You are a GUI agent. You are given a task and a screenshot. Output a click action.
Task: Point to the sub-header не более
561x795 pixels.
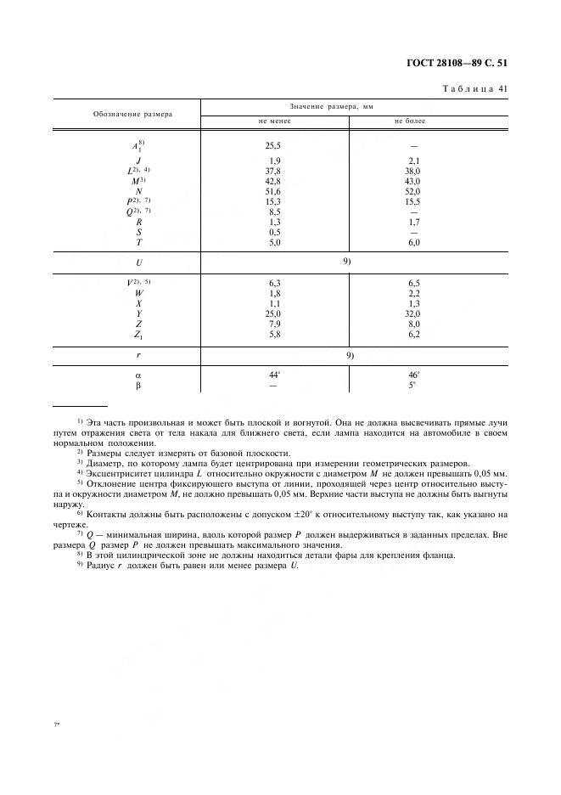coord(410,121)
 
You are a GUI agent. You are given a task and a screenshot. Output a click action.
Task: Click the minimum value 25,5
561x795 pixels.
coord(274,145)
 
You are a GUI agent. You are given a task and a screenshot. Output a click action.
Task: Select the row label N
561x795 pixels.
coord(137,193)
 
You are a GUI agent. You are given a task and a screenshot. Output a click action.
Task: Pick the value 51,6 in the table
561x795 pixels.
coord(274,193)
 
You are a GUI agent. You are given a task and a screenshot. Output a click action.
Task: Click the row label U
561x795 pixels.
coord(137,262)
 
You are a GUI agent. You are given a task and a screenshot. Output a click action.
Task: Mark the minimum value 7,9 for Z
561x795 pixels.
coord(274,323)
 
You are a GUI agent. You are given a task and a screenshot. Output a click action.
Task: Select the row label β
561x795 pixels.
coord(137,384)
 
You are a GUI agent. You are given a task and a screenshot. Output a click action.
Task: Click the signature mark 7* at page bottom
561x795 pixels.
coord(56,724)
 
